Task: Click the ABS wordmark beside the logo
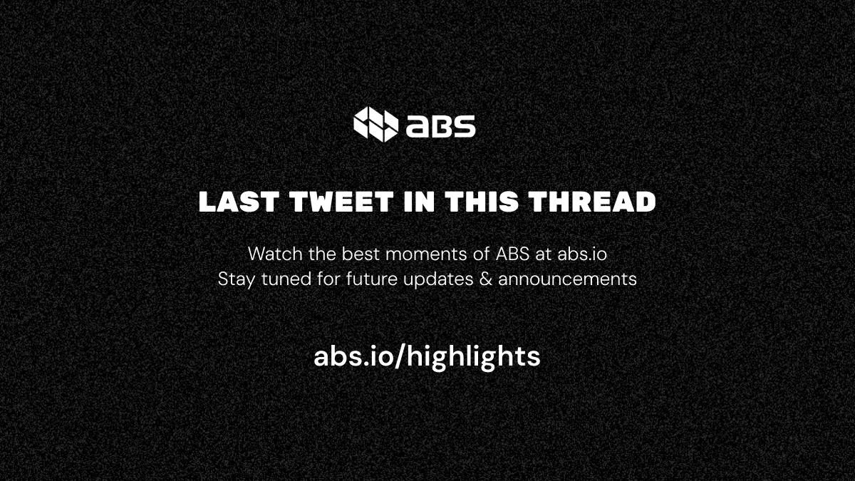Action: tap(440, 126)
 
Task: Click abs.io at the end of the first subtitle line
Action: tap(581, 253)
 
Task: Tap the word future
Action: tap(373, 279)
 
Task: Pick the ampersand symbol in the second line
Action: tap(486, 279)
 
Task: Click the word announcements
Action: tap(567, 279)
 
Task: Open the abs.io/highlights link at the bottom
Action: tap(427, 356)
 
